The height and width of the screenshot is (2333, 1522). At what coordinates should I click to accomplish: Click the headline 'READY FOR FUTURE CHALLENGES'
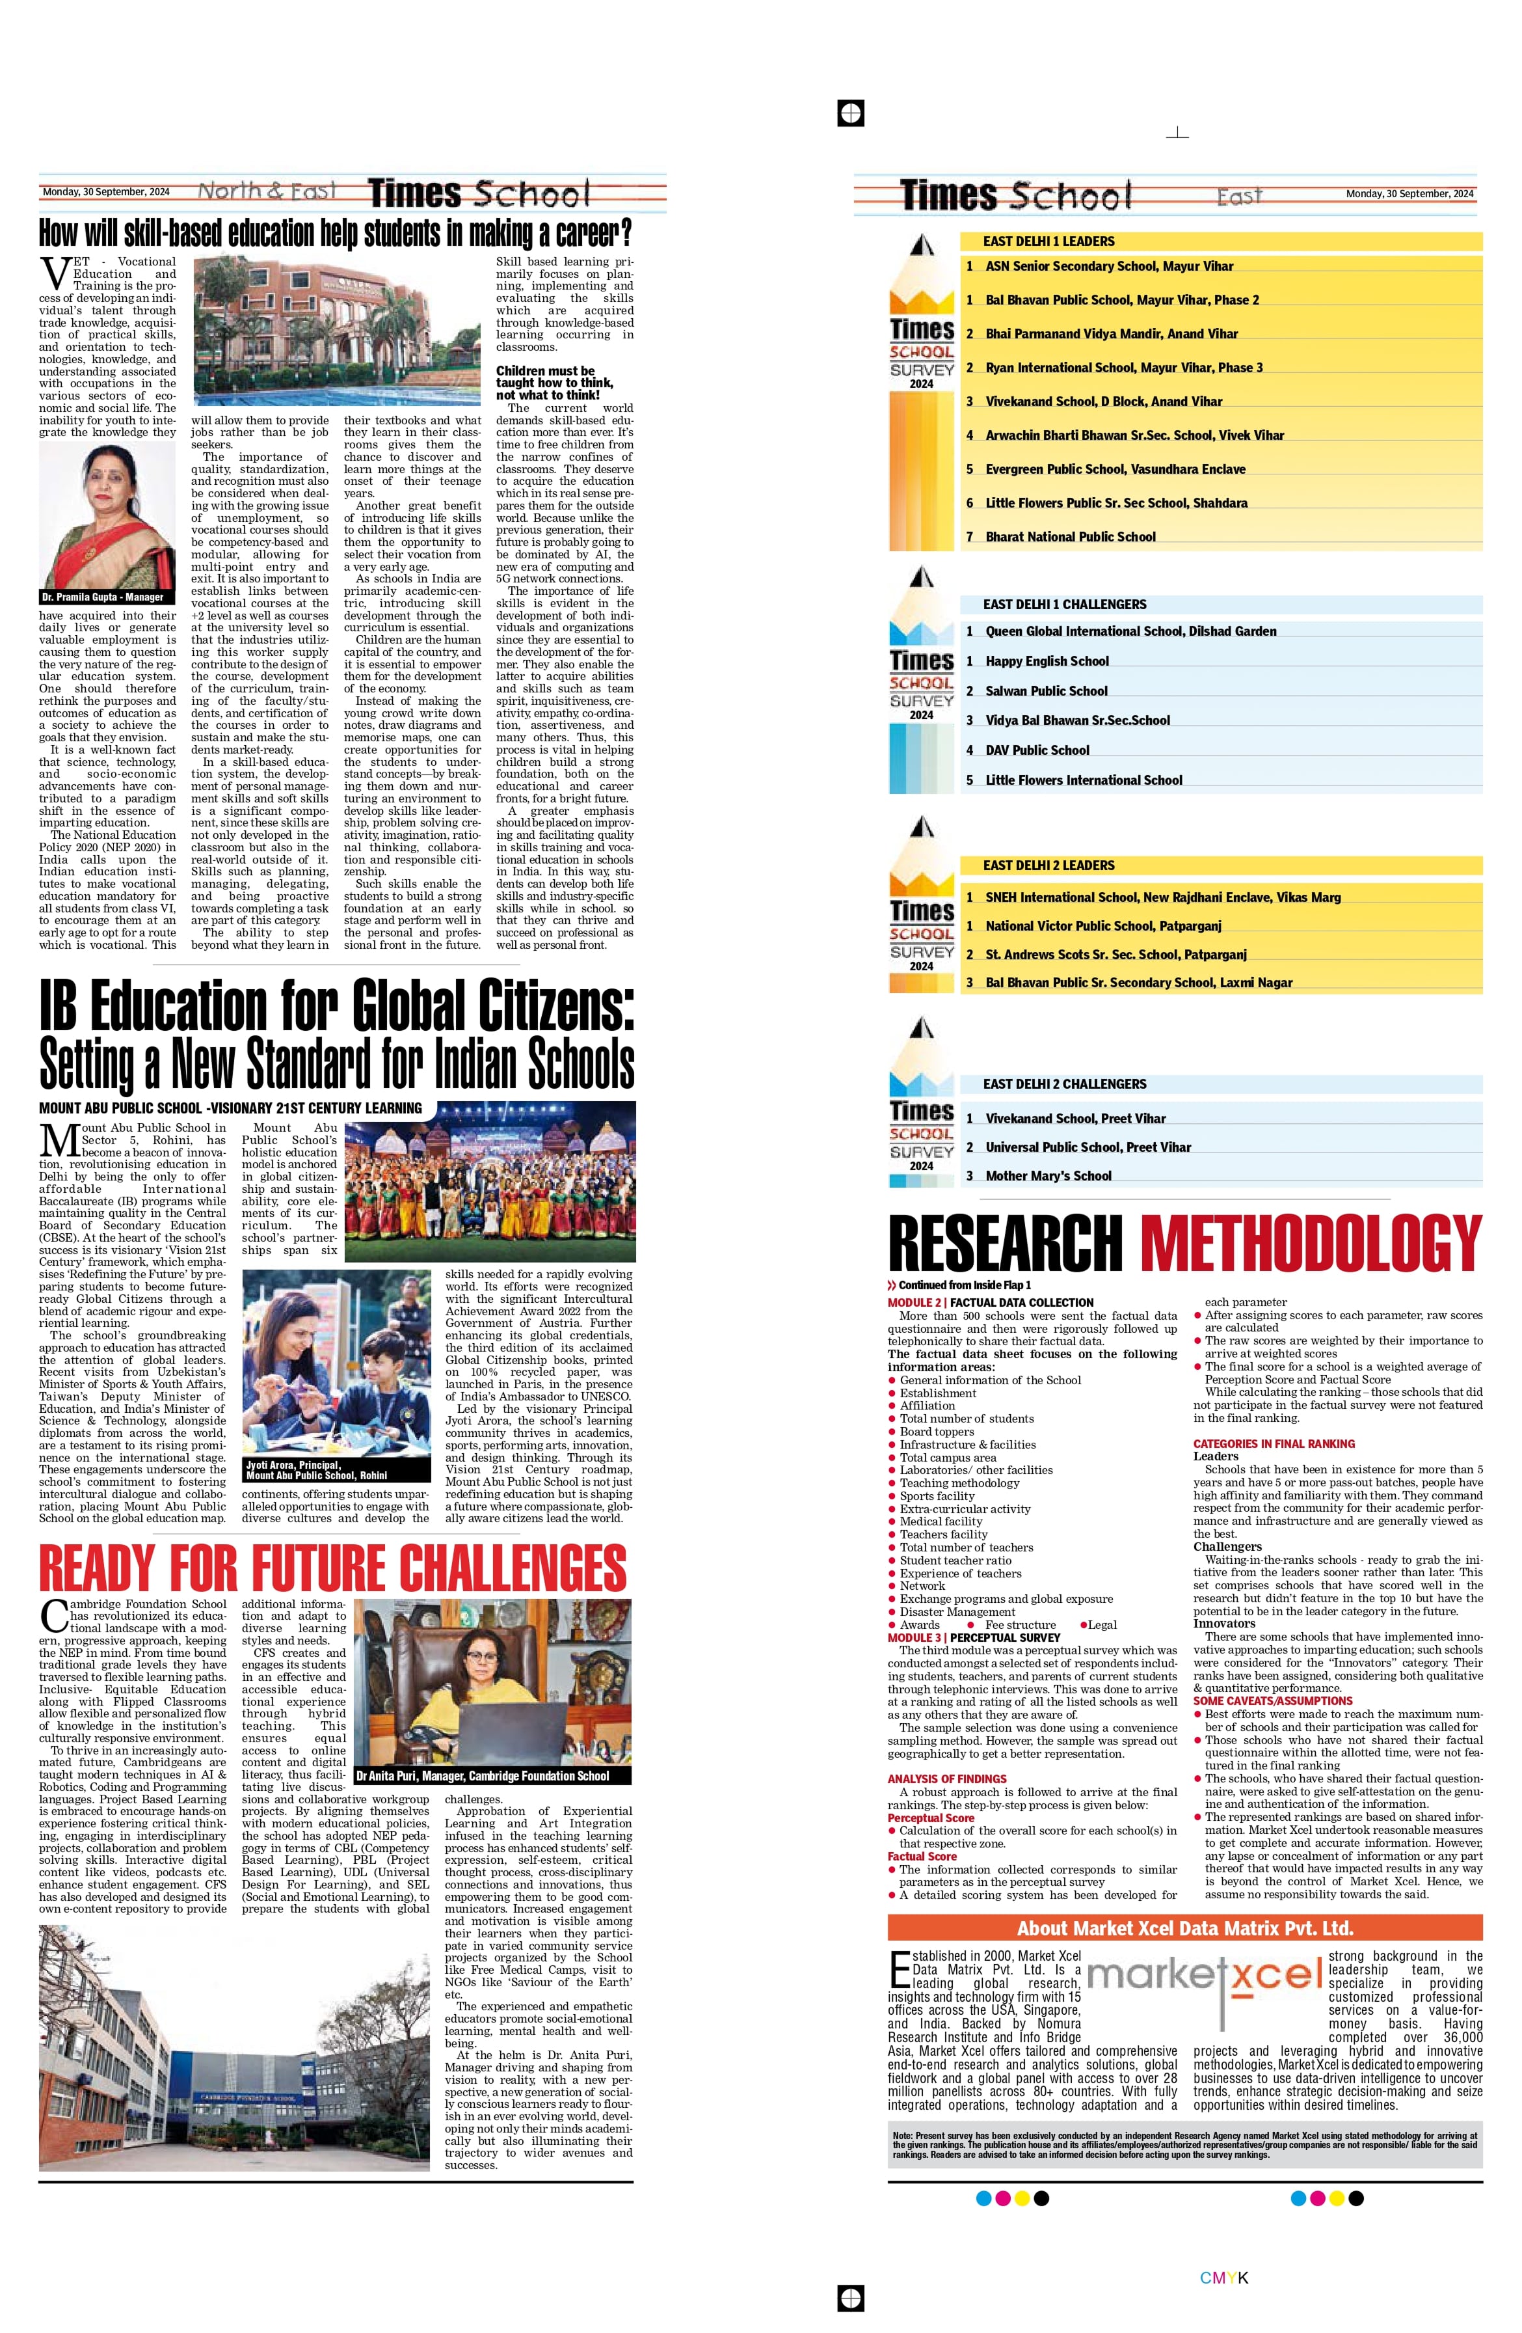click(333, 1566)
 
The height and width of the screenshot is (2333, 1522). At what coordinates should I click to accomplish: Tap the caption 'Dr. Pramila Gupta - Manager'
click(102, 597)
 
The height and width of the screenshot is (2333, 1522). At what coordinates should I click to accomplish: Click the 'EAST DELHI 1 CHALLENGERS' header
click(1064, 605)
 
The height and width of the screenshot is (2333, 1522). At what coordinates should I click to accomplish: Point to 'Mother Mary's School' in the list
click(1048, 1175)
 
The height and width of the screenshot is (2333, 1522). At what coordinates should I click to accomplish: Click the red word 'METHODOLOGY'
click(1311, 1243)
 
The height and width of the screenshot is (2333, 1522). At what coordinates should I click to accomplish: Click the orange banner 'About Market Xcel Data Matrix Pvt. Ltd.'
click(1185, 1928)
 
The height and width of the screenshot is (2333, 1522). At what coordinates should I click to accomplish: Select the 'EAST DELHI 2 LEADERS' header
click(1048, 866)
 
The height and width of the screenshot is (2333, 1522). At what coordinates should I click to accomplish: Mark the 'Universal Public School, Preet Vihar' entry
click(1088, 1147)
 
